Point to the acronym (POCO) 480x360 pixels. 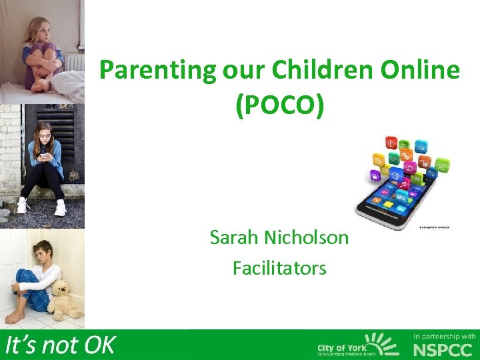coord(279,106)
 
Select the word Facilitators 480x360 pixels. coord(279,268)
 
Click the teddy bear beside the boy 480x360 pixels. coord(65,299)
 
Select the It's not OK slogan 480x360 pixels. coord(60,345)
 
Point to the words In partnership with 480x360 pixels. coord(444,336)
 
